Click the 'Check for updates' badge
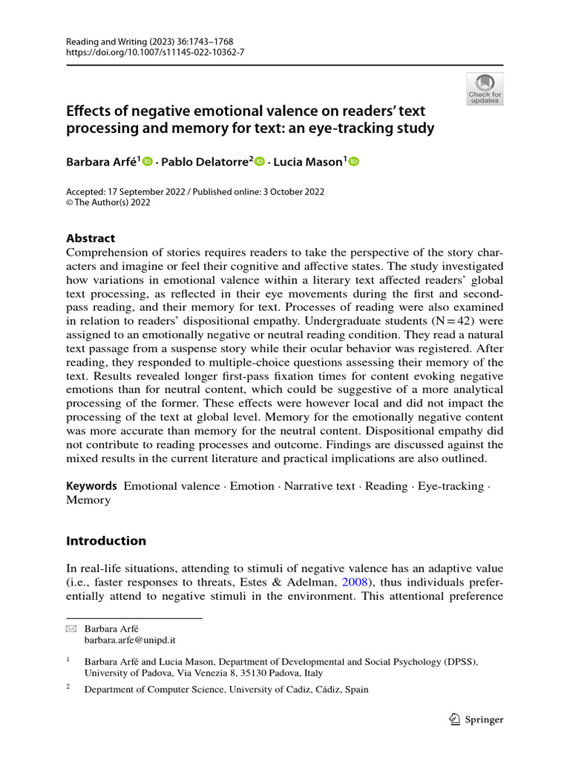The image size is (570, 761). click(485, 88)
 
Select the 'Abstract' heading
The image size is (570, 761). click(91, 239)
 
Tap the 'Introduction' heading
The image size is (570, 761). click(106, 541)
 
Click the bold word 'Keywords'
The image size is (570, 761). click(92, 486)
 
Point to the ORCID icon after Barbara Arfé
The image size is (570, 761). click(147, 162)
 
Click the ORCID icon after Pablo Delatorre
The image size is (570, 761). click(259, 162)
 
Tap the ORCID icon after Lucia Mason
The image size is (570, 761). click(353, 162)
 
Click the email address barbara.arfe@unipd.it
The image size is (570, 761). click(130, 639)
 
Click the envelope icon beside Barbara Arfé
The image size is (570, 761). click(71, 628)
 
